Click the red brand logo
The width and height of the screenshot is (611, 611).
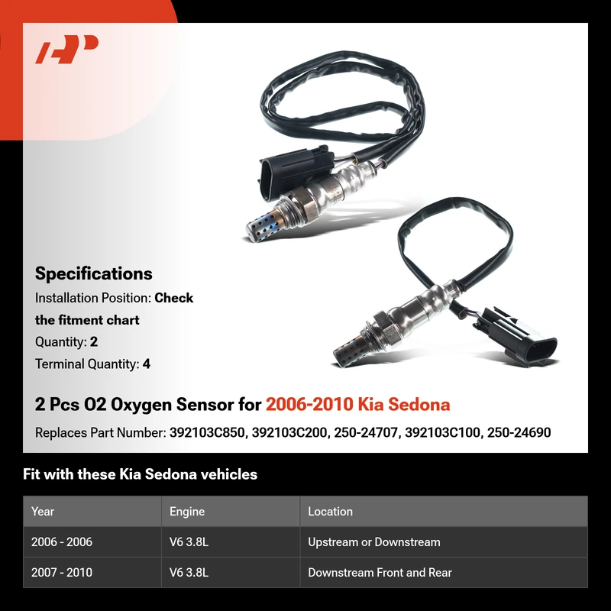66,49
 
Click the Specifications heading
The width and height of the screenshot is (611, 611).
93,273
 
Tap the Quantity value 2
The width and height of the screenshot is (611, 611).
93,341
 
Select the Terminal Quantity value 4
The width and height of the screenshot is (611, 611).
146,364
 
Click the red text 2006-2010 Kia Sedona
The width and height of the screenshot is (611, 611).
357,404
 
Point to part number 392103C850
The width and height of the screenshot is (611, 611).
207,432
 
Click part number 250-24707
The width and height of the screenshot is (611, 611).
366,432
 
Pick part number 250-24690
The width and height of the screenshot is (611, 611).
519,432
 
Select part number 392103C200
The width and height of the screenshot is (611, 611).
289,432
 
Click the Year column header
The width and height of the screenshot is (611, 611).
43,511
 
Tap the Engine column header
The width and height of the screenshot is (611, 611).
187,511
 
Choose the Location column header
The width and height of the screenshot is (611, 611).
330,511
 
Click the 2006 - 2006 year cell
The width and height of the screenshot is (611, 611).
62,542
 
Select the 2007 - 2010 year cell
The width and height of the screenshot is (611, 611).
62,572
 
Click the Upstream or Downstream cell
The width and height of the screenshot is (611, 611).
374,542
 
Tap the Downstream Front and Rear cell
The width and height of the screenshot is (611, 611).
380,572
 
